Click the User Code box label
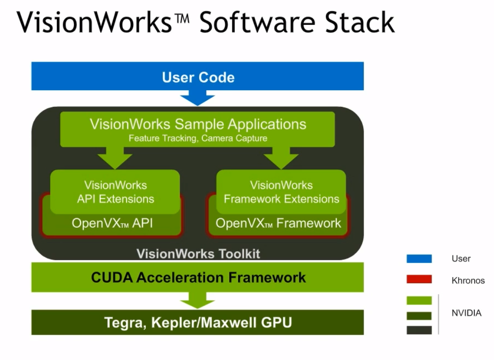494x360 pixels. click(198, 77)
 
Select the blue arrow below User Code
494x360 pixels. click(198, 98)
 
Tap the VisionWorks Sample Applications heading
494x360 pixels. click(198, 124)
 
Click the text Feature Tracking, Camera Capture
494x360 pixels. click(198, 138)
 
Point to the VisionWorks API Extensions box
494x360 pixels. click(115, 192)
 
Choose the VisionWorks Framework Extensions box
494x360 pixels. click(281, 192)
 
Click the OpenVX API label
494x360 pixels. click(112, 223)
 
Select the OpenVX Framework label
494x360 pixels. click(278, 223)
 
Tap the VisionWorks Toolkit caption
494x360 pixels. click(198, 254)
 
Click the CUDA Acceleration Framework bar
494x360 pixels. click(198, 277)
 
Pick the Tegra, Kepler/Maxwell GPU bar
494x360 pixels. click(198, 322)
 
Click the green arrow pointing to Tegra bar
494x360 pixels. click(198, 300)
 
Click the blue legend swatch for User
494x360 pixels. click(419, 258)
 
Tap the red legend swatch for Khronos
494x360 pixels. click(419, 280)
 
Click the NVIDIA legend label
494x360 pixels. click(466, 313)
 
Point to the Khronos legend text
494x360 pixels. click(468, 280)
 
